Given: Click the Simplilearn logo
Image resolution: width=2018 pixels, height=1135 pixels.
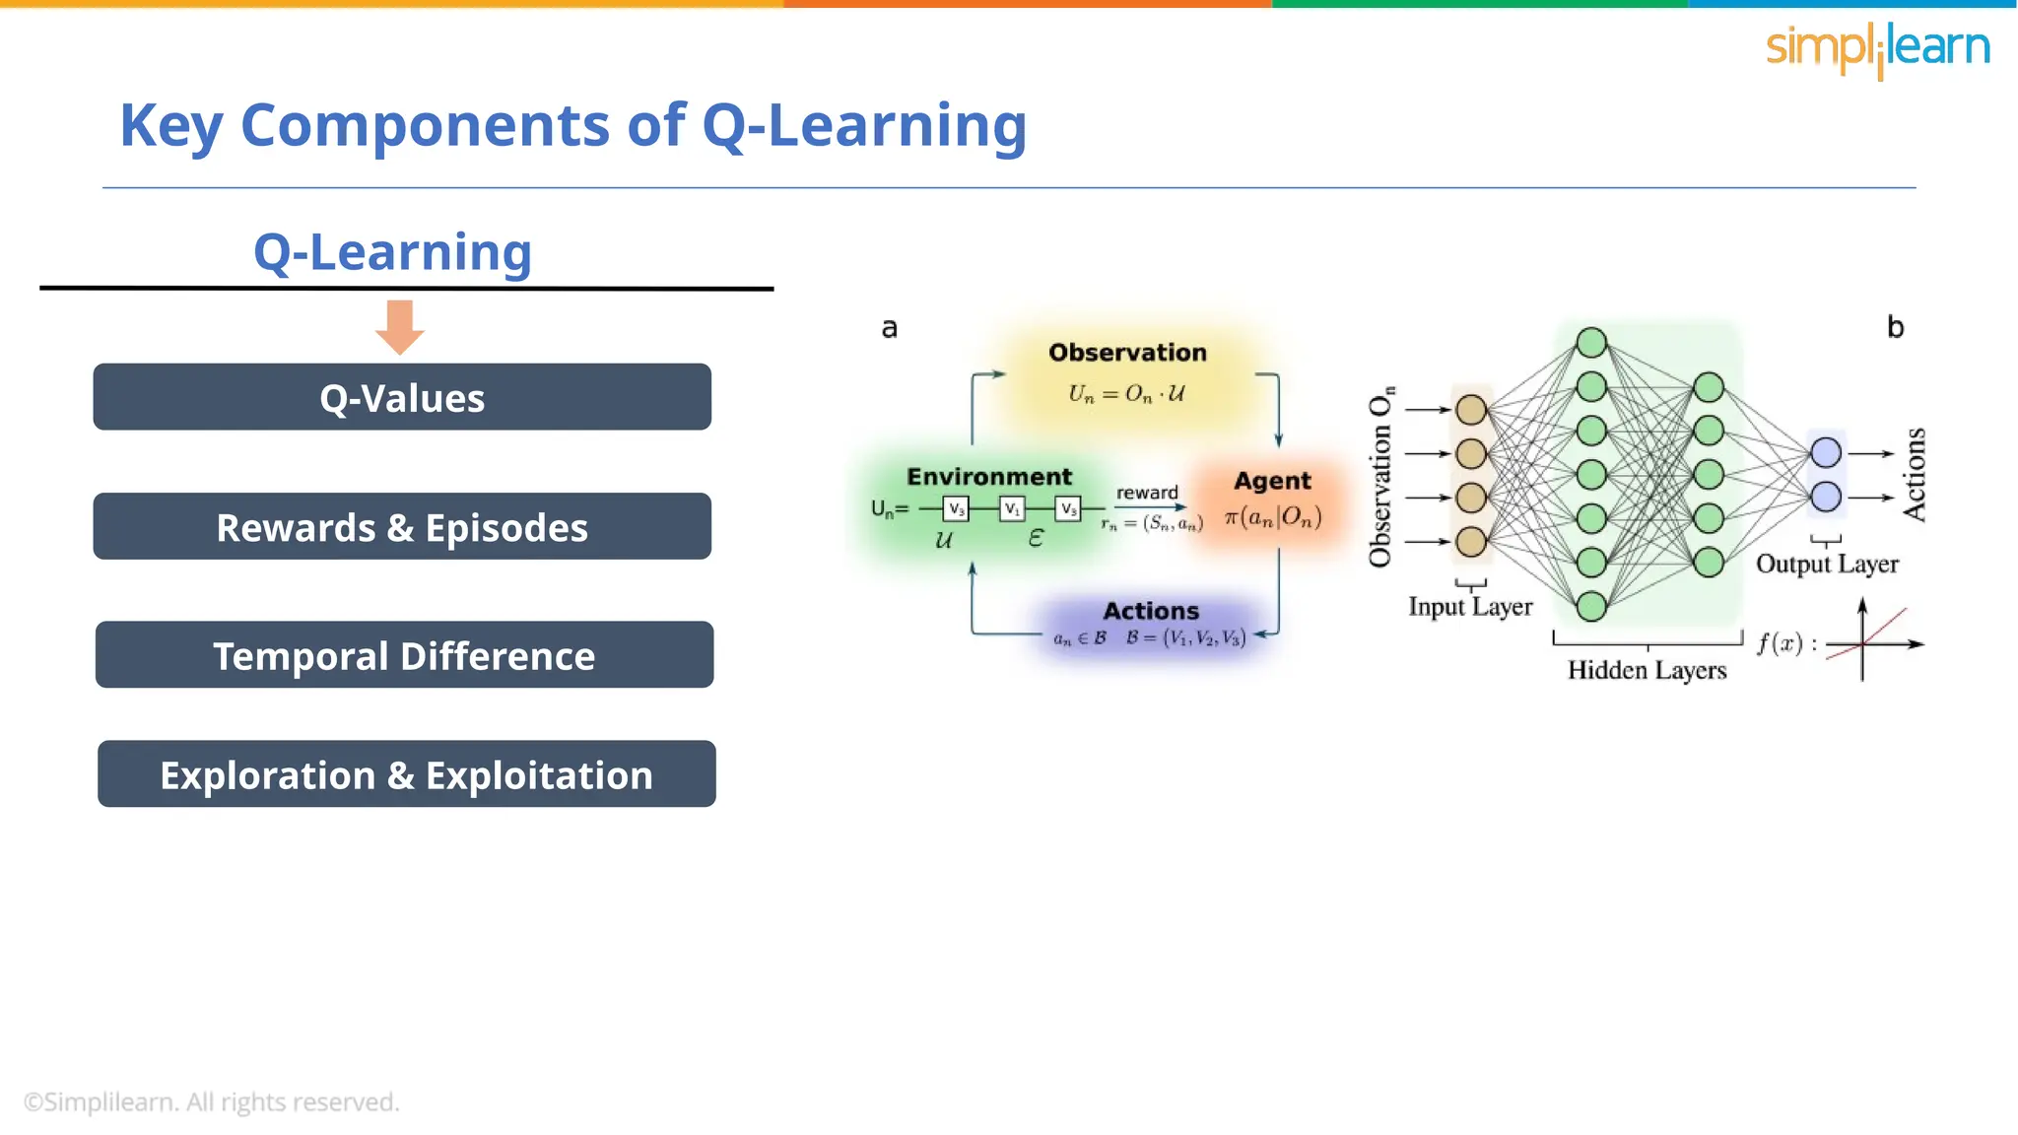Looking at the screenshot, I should pyautogui.click(x=1877, y=48).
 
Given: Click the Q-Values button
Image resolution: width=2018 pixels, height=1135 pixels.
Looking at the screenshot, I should pyautogui.click(x=402, y=397).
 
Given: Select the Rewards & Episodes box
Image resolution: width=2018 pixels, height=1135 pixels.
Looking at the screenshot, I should pyautogui.click(x=402, y=526).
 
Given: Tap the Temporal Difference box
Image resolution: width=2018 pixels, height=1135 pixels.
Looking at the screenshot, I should pyautogui.click(x=404, y=655).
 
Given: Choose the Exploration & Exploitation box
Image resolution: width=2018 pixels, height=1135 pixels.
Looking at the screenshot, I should pyautogui.click(x=406, y=774).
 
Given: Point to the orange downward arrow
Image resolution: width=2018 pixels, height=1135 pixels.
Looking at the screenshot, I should pyautogui.click(x=400, y=327).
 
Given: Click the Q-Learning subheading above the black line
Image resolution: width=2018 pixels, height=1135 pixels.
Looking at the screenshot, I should pyautogui.click(x=392, y=252).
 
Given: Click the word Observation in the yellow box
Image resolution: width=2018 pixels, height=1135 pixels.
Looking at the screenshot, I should pyautogui.click(x=1127, y=353).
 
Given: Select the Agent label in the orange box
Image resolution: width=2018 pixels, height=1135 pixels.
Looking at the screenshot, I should pyautogui.click(x=1272, y=481).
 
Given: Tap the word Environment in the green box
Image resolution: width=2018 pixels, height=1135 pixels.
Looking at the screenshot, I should pyautogui.click(x=989, y=477).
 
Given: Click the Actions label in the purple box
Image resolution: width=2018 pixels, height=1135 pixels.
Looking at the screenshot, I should pyautogui.click(x=1151, y=611).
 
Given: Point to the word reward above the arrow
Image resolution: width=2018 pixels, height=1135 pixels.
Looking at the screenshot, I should pyautogui.click(x=1147, y=493).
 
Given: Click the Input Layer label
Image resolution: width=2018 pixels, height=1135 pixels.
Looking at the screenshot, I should pyautogui.click(x=1470, y=607).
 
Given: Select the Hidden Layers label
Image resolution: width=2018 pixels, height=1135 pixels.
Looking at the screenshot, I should pyautogui.click(x=1647, y=671).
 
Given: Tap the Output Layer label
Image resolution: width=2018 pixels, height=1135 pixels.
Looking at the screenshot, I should pyautogui.click(x=1827, y=565).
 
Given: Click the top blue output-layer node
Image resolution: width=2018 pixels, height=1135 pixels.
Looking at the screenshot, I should pyautogui.click(x=1826, y=452).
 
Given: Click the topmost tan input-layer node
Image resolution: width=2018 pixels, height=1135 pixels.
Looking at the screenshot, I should pyautogui.click(x=1471, y=409).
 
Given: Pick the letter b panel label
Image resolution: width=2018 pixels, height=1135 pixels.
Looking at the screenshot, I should pyautogui.click(x=1895, y=327).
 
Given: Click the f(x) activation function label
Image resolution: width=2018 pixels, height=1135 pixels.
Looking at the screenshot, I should pyautogui.click(x=1781, y=644).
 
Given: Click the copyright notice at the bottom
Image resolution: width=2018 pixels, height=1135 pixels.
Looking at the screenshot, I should pyautogui.click(x=211, y=1102).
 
